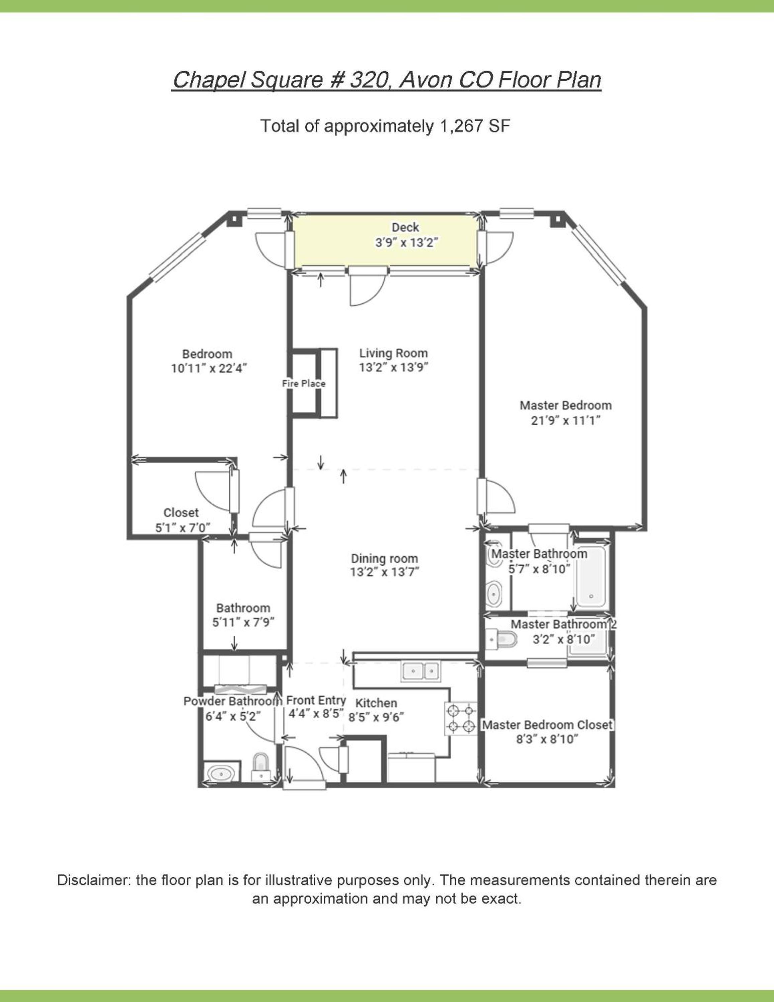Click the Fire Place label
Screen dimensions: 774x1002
[x=304, y=383]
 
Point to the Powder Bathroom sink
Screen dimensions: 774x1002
[x=222, y=774]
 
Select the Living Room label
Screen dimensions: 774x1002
[x=393, y=353]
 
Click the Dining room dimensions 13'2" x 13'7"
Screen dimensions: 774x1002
[x=385, y=572]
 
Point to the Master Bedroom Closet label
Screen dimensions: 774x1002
[x=547, y=725]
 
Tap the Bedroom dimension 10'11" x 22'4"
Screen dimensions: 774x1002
[x=209, y=368]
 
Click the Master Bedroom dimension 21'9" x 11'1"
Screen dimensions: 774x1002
[x=566, y=420]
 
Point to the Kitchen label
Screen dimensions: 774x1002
[x=376, y=703]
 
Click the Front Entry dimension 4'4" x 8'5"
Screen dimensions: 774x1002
[x=316, y=714]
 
